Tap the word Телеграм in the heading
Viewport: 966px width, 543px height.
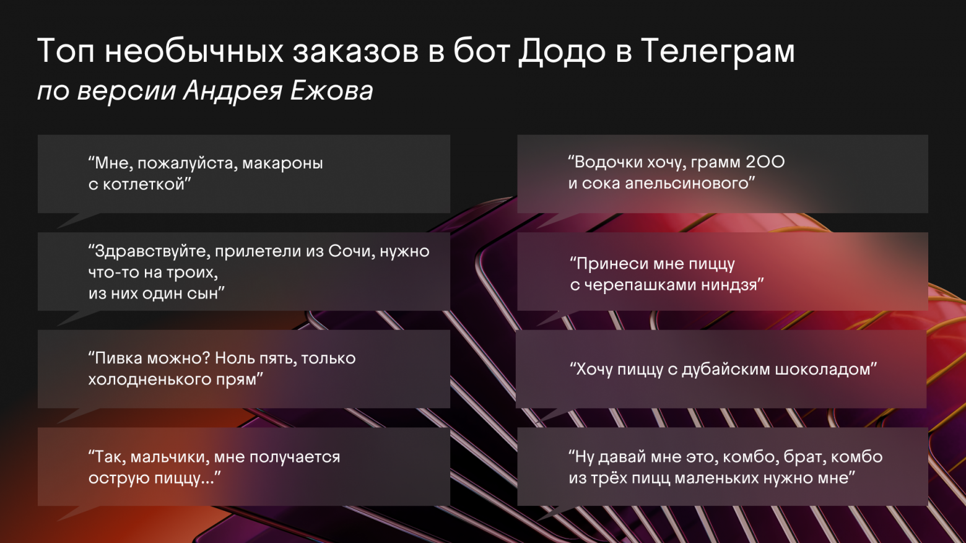pyautogui.click(x=718, y=52)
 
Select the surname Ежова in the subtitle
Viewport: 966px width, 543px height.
pyautogui.click(x=331, y=90)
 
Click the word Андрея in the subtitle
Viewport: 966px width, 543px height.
pyautogui.click(x=233, y=92)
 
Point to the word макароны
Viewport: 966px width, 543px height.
pyautogui.click(x=282, y=163)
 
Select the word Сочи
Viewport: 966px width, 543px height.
pyautogui.click(x=352, y=251)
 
